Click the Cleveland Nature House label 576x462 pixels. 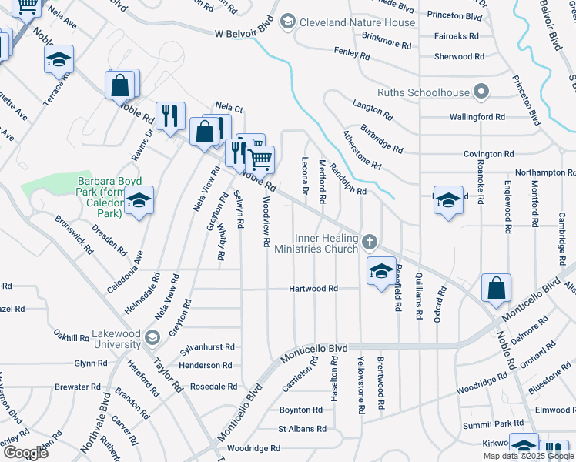coord(357,22)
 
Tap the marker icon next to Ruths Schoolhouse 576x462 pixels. coord(482,92)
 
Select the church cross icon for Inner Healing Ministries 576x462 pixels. coord(370,243)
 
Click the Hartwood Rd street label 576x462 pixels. coord(313,289)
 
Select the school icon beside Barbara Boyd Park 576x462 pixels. coord(139,200)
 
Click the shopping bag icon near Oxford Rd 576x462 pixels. coord(497,288)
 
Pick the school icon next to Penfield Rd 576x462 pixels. coord(380,271)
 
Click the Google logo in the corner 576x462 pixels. coord(25,452)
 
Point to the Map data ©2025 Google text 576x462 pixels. coord(527,456)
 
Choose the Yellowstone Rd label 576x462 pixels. coord(360,380)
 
